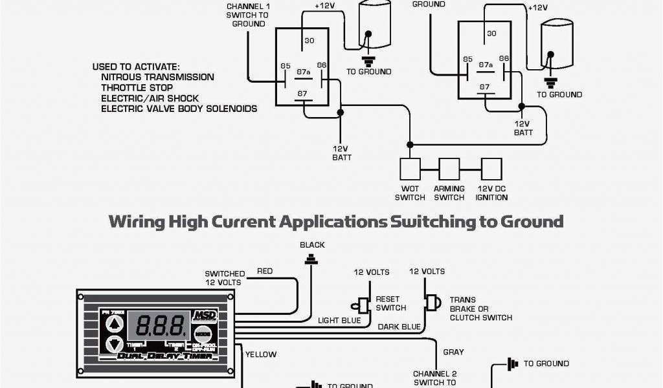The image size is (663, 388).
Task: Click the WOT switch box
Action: coord(410,169)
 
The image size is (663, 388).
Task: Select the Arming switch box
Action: coord(449,169)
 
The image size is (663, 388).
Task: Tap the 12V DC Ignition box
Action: coord(491,169)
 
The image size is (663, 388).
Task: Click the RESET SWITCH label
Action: coord(391,304)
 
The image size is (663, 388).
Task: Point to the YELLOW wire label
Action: coord(260,354)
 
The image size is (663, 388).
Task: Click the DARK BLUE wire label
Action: coord(399,327)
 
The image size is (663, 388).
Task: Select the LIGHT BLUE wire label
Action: coord(339,320)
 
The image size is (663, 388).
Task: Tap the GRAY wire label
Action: coord(453,352)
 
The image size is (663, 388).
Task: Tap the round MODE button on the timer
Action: coord(203,337)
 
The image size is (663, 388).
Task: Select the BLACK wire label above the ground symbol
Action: coord(312,245)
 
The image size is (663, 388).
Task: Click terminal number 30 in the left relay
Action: coord(309,41)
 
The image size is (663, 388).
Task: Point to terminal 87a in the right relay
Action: coord(486,65)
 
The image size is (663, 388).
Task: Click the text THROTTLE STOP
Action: coord(137,88)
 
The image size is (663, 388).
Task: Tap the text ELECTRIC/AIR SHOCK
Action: coord(150,98)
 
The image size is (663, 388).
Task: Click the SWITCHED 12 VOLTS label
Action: coord(225,278)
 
